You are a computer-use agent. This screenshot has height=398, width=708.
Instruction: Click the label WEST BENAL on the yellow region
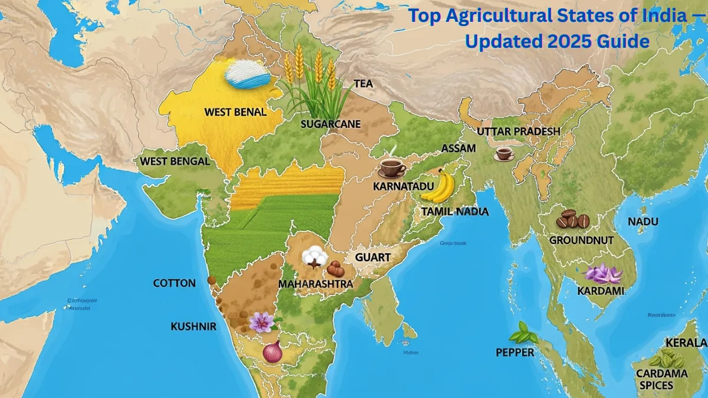click(x=235, y=111)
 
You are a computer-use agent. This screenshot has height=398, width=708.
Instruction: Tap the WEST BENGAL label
click(x=175, y=161)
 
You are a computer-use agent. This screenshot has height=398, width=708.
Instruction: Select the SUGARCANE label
click(x=330, y=124)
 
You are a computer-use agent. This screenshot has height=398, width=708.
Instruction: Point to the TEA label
click(x=363, y=84)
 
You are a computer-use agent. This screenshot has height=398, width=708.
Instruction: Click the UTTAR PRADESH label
click(x=519, y=131)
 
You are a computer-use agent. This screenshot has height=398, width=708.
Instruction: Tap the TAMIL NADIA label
click(x=455, y=211)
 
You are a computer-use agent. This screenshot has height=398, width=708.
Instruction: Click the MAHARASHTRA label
click(x=315, y=284)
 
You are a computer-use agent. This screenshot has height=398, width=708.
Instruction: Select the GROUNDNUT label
click(x=581, y=241)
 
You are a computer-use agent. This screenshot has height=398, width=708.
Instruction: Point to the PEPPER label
click(x=515, y=353)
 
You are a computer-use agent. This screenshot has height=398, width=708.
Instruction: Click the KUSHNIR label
click(x=194, y=326)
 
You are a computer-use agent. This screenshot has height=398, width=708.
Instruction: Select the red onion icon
click(x=272, y=351)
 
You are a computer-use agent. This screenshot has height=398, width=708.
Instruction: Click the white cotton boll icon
click(x=312, y=256)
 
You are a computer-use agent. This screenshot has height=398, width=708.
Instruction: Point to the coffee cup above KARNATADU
click(x=391, y=167)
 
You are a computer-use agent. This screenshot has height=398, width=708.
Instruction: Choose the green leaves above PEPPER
click(x=523, y=334)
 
